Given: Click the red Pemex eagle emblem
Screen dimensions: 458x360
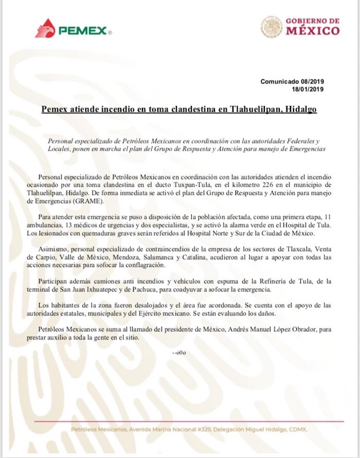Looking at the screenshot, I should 45,28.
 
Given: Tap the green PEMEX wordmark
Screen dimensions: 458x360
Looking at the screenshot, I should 82,31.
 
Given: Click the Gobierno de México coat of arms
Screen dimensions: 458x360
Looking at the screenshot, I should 271,26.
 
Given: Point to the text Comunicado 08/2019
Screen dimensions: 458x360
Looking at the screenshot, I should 292,81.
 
